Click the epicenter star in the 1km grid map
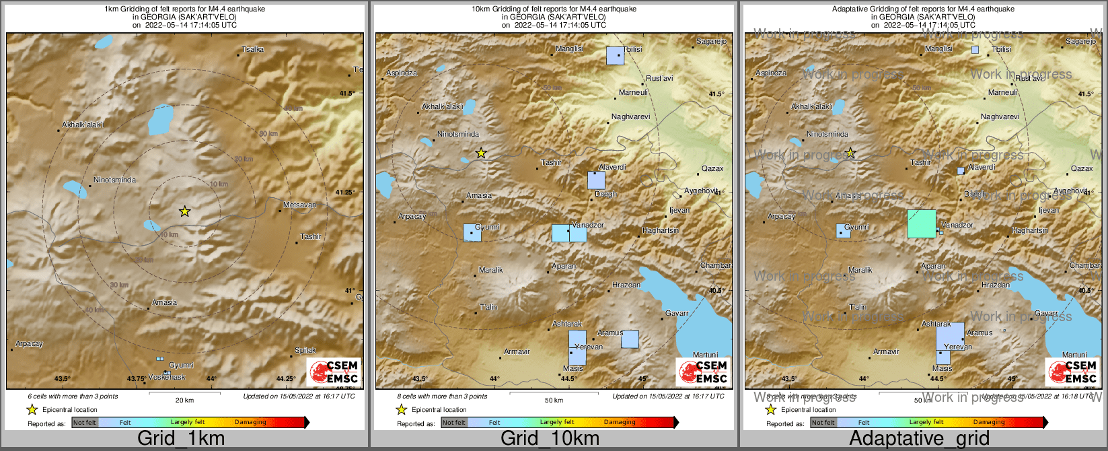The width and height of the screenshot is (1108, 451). (x=184, y=211)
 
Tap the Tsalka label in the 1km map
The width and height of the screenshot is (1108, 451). (x=253, y=49)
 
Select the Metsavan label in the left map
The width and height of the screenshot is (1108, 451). (x=299, y=205)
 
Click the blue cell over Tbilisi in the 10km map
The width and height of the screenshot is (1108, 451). (x=615, y=56)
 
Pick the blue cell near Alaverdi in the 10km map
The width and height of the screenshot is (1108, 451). (x=596, y=180)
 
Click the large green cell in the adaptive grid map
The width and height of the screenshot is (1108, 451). (x=922, y=223)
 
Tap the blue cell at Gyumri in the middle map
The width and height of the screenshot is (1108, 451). (x=472, y=233)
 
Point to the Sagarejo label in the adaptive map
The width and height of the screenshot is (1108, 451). (x=1080, y=42)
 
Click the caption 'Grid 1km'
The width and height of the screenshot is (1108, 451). (x=181, y=438)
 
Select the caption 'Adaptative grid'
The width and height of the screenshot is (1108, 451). (x=919, y=438)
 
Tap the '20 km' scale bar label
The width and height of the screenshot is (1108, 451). (x=184, y=401)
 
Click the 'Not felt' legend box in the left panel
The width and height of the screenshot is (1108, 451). (x=85, y=423)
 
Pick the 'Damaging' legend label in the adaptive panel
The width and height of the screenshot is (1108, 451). (x=988, y=423)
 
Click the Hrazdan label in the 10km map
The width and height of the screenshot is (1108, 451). (x=626, y=285)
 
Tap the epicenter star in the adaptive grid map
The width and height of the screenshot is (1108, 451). (x=850, y=153)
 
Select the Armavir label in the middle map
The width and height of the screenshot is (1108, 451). (x=517, y=351)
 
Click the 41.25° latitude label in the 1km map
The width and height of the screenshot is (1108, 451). (x=345, y=193)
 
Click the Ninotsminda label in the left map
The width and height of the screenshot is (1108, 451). (x=114, y=180)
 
